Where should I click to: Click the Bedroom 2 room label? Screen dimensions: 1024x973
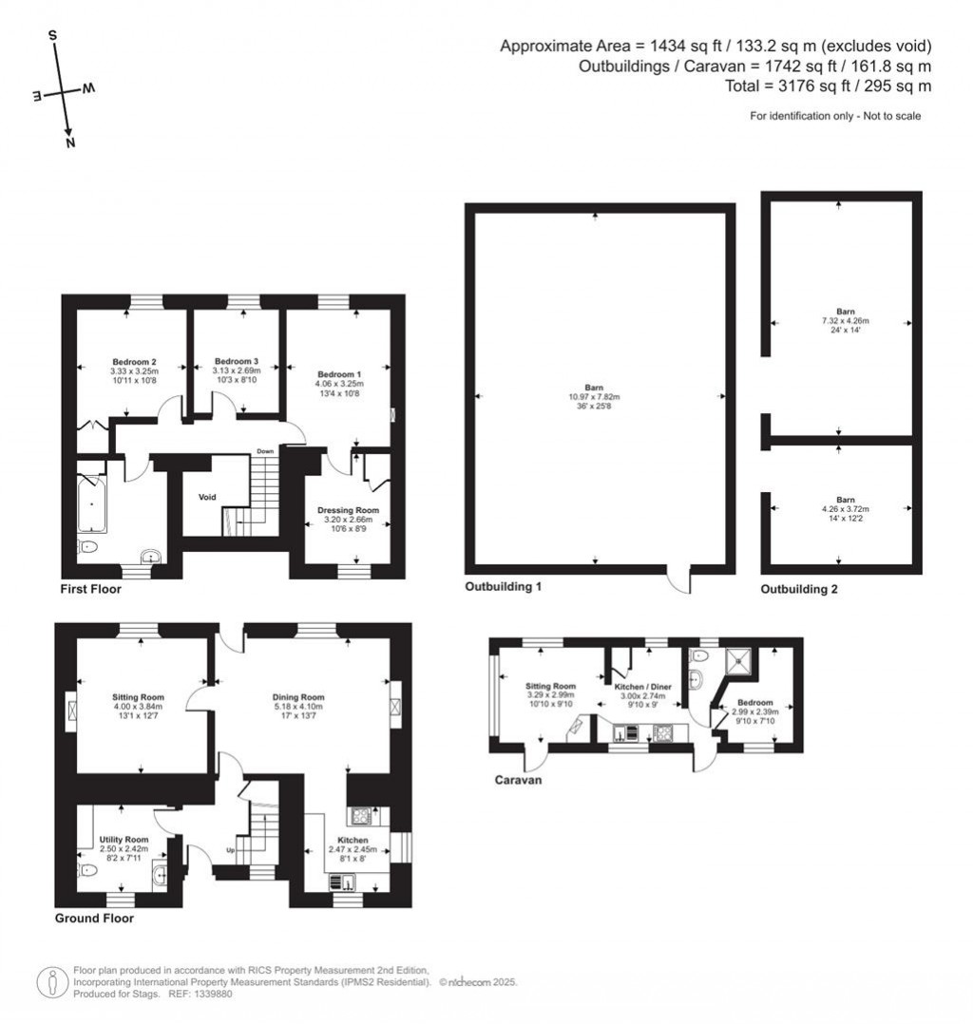(134, 362)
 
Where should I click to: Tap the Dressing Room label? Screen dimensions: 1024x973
(347, 510)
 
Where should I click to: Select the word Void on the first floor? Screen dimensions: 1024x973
(207, 497)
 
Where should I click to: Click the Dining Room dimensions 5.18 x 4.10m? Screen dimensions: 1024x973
(299, 707)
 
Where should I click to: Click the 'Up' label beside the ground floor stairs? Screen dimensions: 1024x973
(230, 849)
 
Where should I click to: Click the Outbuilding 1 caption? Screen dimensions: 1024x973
(503, 587)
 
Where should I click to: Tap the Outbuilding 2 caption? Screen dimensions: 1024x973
(799, 590)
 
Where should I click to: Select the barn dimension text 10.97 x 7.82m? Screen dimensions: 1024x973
(594, 397)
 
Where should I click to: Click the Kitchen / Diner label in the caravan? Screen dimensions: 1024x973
(639, 686)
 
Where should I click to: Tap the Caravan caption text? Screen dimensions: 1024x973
(518, 780)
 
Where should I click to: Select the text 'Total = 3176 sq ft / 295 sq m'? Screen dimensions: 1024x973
(827, 86)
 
